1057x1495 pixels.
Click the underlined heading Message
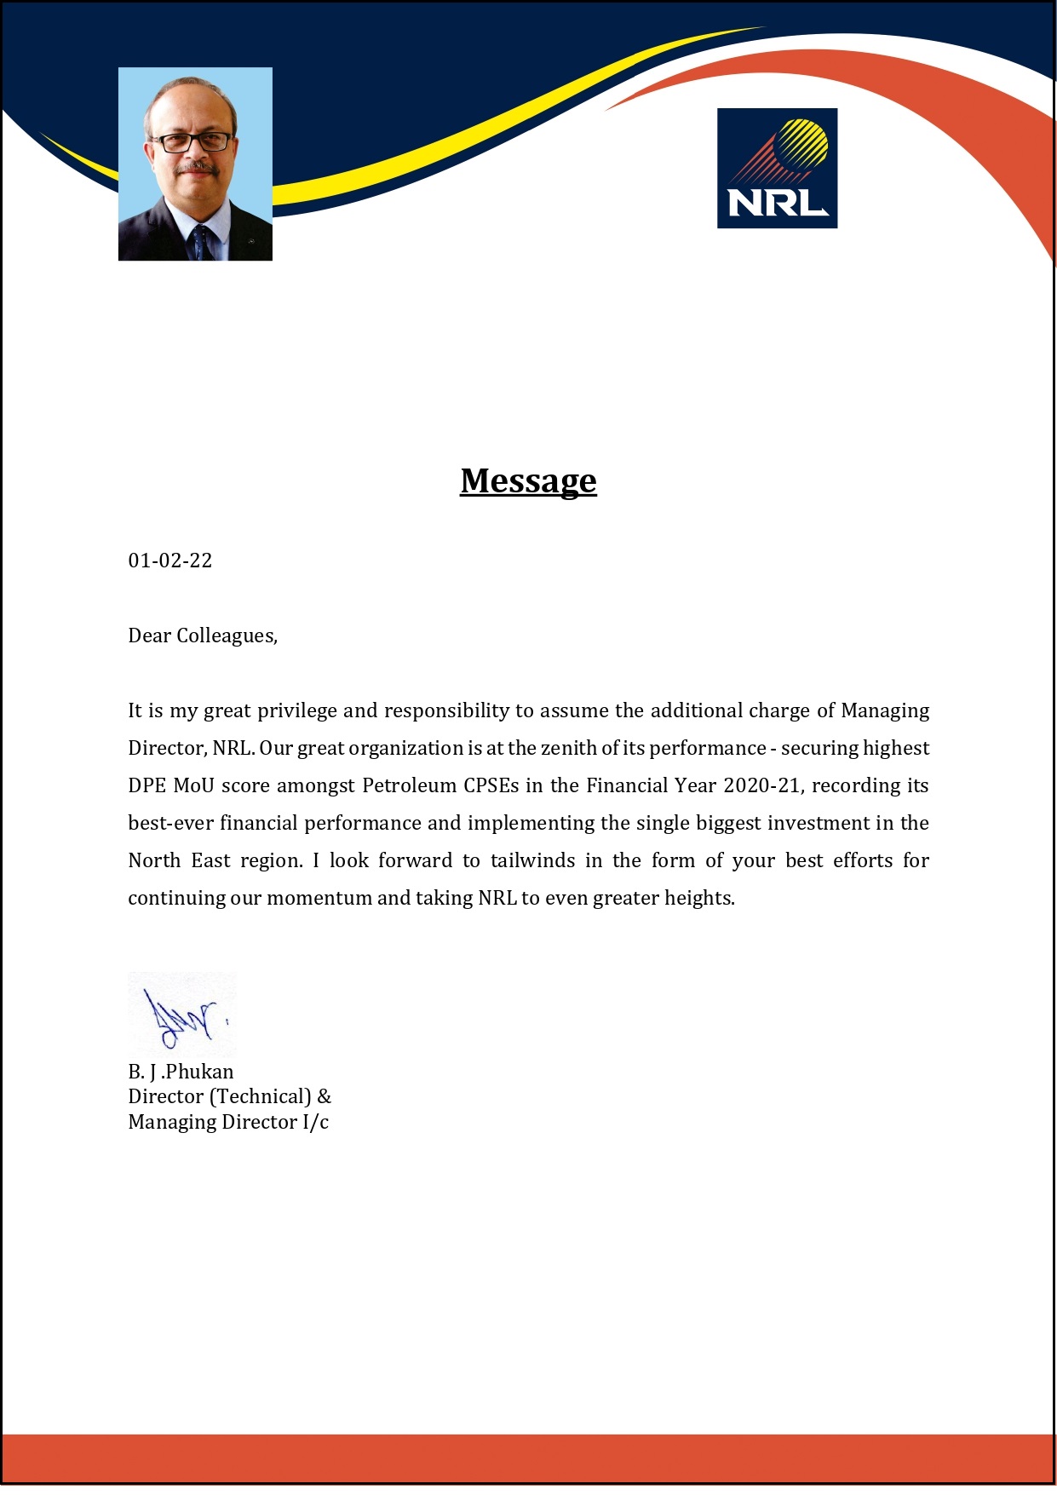point(528,481)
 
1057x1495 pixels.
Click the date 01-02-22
point(169,561)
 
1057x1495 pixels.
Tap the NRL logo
point(777,168)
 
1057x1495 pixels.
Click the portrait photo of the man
point(195,164)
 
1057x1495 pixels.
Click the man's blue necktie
point(201,243)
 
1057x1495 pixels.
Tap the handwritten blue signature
point(182,1016)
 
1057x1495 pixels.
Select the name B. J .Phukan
point(181,1072)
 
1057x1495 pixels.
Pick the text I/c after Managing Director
point(315,1123)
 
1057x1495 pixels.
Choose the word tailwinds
point(532,861)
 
